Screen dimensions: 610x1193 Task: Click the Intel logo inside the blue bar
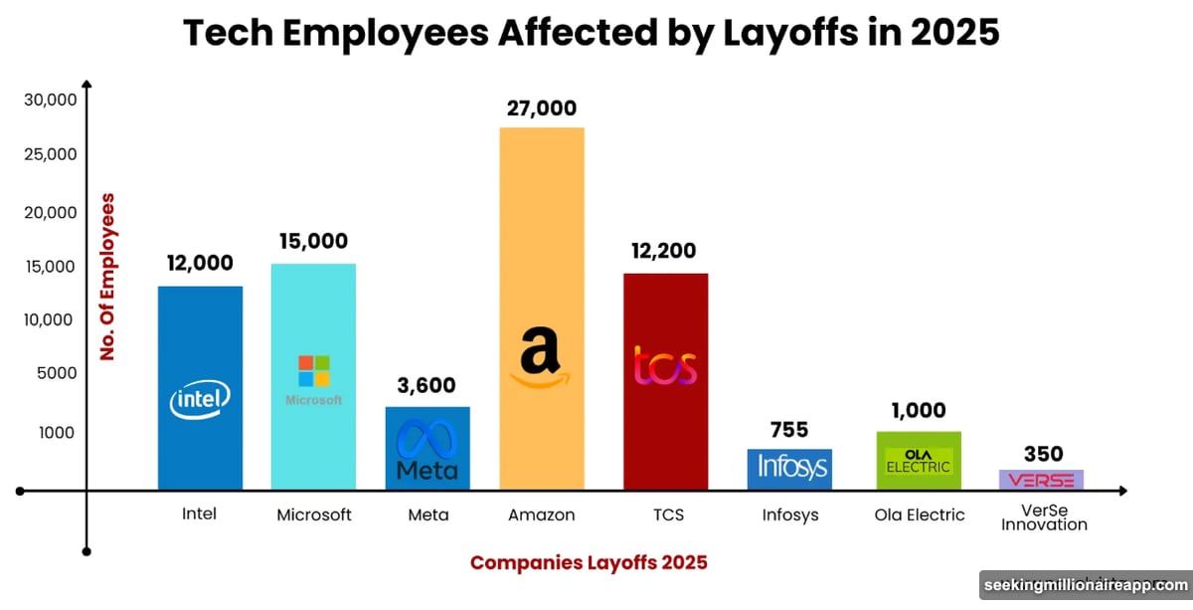(200, 400)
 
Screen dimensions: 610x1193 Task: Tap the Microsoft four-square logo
(314, 371)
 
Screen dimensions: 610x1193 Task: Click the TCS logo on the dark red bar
(665, 366)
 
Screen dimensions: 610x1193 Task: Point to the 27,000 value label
(541, 108)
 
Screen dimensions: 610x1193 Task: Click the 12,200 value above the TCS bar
(663, 251)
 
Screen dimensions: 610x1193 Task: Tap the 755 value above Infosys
(789, 430)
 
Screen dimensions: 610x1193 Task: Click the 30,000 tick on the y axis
(49, 100)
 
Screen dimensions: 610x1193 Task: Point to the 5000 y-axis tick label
(56, 373)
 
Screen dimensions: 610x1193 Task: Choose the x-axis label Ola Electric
(919, 514)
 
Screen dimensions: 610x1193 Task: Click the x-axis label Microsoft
(313, 514)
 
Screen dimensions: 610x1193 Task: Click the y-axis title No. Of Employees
(107, 276)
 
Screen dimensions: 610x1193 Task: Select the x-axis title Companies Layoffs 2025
(589, 562)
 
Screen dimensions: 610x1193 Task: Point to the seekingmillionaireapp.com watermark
(1085, 585)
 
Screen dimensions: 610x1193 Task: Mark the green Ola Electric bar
(919, 461)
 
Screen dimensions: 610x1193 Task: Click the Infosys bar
(789, 469)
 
